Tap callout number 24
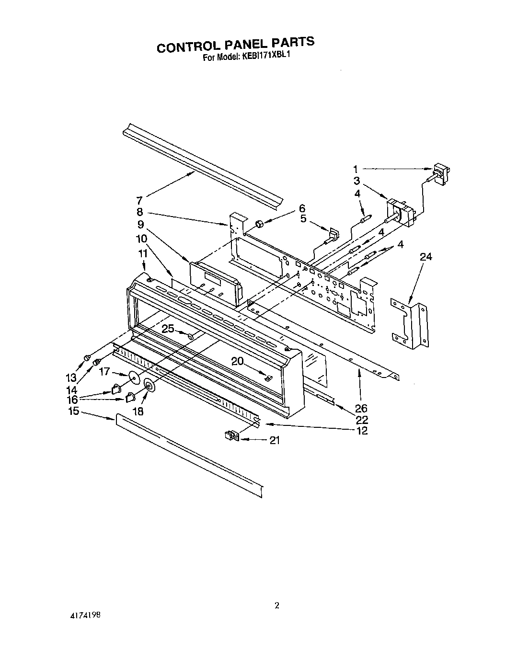[425, 257]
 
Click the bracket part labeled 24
[409, 321]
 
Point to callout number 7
[139, 201]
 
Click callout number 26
[361, 408]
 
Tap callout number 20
[238, 361]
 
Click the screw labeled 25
[191, 336]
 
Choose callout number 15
[73, 411]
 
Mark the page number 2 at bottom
[277, 605]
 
